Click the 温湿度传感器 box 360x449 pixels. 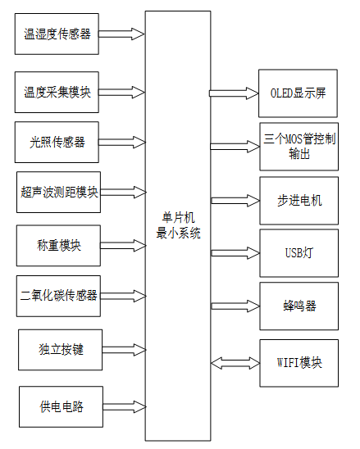coord(58,34)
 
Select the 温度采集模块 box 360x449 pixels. coord(58,93)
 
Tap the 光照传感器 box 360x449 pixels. coord(58,142)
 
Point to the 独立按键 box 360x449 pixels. coord(62,351)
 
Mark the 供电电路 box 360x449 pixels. coord(62,406)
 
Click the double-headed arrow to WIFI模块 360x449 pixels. coord(235,361)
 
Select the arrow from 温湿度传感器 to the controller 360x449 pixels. coord(121,34)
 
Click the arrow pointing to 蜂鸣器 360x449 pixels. coord(235,306)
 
